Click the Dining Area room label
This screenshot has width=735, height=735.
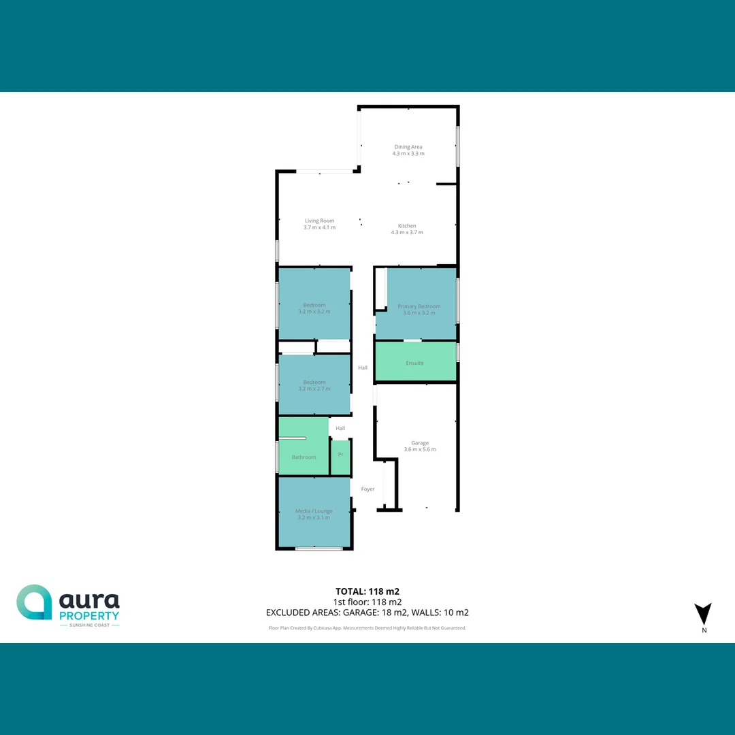[408, 146]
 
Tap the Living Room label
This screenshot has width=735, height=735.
[319, 220]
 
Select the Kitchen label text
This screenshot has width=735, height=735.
[407, 226]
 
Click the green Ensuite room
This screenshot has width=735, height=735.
[414, 363]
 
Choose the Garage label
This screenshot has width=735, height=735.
[420, 443]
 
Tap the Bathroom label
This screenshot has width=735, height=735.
[304, 457]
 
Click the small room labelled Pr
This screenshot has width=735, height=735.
[340, 455]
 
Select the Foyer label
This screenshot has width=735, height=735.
[367, 489]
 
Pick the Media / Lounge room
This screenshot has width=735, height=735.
[314, 514]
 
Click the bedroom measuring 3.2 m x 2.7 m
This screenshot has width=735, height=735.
[314, 385]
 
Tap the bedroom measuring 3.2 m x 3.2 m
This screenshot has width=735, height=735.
[314, 308]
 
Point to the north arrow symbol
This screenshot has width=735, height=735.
[703, 614]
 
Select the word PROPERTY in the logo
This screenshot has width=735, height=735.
[89, 615]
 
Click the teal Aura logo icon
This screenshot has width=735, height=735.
[34, 602]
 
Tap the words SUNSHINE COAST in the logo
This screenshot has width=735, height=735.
[89, 625]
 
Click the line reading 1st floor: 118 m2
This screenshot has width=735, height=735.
[367, 602]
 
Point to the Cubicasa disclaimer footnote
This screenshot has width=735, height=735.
[367, 628]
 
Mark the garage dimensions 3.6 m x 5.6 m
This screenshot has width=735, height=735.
[420, 449]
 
